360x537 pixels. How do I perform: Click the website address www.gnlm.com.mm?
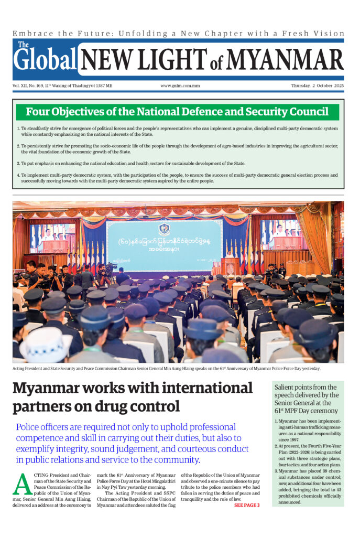(x=180, y=85)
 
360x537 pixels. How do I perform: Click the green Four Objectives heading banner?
(x=177, y=112)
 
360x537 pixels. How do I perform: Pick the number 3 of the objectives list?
(x=18, y=163)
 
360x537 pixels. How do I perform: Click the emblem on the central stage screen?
(x=164, y=229)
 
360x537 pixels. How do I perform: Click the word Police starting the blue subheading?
(x=29, y=427)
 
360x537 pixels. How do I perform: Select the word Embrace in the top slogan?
(x=31, y=33)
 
